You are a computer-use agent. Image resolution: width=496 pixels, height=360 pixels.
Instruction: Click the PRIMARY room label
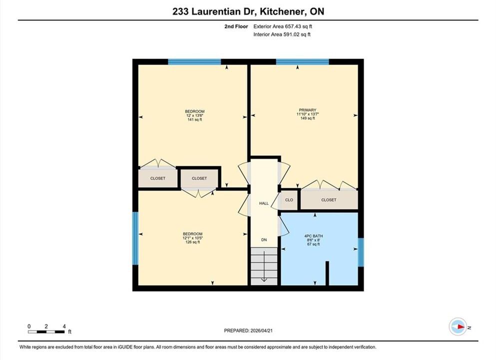point(308,110)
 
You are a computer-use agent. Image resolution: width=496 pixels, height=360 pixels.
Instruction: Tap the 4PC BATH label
point(314,236)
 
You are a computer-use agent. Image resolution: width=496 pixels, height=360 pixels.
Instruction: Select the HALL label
point(264,203)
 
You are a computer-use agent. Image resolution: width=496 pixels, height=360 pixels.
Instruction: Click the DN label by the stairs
point(264,239)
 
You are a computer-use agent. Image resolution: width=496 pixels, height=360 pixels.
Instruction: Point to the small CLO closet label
point(289,200)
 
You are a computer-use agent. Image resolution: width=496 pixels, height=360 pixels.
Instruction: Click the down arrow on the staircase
point(264,264)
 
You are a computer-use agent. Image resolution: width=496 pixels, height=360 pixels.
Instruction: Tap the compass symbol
point(458,327)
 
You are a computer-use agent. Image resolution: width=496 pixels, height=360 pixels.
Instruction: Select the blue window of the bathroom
point(361,252)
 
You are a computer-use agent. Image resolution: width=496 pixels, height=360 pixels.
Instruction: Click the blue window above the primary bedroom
point(302,61)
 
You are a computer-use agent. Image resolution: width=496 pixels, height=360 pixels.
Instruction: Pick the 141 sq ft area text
point(194,119)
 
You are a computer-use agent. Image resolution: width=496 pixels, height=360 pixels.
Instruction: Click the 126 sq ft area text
point(193,242)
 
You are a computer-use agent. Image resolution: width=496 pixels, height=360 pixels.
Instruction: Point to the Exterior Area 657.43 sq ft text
point(283,26)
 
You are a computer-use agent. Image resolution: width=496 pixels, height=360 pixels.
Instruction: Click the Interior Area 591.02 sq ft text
point(282,34)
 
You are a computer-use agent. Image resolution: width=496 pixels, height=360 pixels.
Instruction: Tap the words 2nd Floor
point(236,26)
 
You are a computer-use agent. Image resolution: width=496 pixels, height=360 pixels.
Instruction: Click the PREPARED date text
point(248,330)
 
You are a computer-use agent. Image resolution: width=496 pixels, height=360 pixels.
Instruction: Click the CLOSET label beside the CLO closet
point(329,200)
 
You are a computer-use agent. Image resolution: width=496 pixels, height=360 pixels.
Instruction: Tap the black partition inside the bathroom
point(327,273)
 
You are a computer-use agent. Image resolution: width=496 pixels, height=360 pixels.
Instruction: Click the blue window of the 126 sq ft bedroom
point(135,238)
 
